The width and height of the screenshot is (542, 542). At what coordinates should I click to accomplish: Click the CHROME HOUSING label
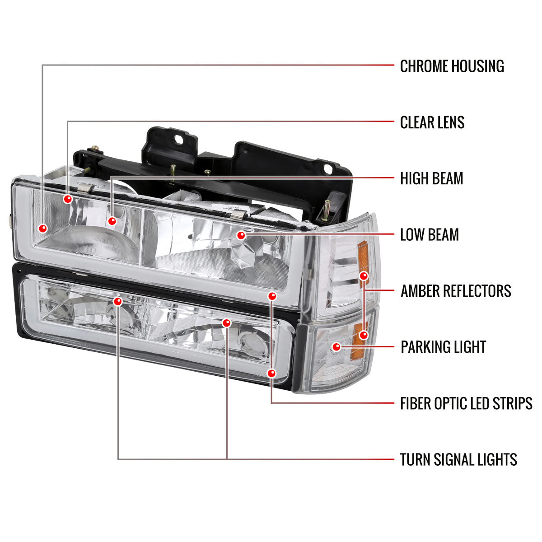coord(452,66)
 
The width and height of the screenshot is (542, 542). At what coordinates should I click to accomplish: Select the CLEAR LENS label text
coord(432,122)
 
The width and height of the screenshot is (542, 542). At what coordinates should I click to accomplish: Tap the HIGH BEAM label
coord(431,179)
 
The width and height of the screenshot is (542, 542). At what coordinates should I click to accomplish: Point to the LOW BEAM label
coord(429,235)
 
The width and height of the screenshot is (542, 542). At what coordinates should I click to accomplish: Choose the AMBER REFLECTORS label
coord(455,291)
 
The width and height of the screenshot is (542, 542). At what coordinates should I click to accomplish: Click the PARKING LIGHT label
coord(443,347)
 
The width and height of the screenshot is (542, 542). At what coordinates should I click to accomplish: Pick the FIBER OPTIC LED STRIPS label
coord(466,403)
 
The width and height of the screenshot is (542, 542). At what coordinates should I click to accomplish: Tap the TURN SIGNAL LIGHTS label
coord(458,460)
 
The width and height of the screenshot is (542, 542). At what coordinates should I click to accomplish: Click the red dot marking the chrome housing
coord(43,229)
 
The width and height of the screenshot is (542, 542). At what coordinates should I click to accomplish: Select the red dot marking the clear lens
coord(68,199)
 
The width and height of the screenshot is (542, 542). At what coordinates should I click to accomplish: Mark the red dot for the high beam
coord(112,221)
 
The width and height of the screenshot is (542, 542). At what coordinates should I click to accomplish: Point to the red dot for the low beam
coord(241,235)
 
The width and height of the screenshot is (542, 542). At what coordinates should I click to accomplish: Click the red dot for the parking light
coord(336,347)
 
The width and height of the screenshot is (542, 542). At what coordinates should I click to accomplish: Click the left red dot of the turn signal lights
coord(118,301)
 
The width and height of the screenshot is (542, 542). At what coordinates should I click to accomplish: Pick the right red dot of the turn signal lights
coord(227,323)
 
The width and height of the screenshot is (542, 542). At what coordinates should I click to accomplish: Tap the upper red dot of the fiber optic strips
coord(271,296)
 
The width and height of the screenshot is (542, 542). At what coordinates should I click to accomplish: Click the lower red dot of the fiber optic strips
coord(271,373)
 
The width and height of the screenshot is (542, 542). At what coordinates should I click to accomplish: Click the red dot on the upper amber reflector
coord(364,276)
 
